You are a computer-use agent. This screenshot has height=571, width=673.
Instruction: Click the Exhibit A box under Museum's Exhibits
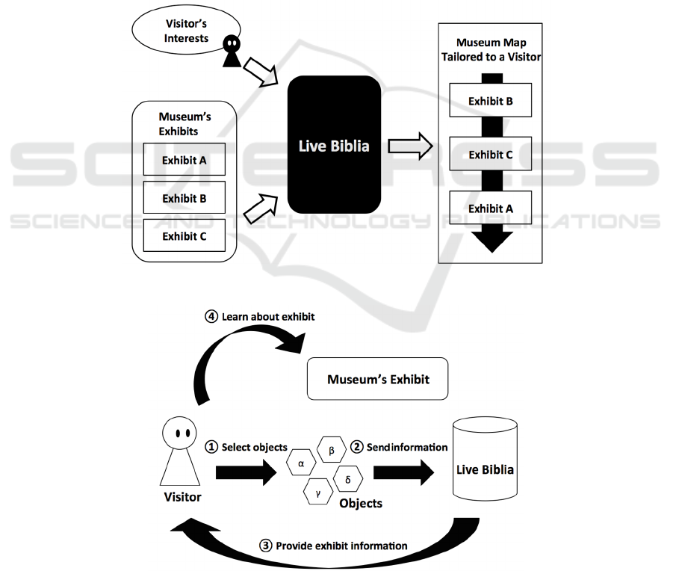click(x=184, y=160)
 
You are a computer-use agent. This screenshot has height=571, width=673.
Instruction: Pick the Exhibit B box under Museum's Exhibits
click(x=184, y=198)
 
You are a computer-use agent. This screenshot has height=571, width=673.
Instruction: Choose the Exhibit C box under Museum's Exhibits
click(x=184, y=236)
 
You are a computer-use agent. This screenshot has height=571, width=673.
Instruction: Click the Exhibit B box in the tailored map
click(x=490, y=101)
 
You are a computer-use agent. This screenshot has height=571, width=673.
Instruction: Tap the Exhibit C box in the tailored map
click(x=490, y=155)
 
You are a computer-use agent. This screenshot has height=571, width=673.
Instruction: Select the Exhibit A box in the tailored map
click(x=490, y=209)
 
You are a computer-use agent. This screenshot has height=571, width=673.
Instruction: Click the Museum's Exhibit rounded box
click(x=378, y=379)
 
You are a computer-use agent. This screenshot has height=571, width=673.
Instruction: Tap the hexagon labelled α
click(x=301, y=463)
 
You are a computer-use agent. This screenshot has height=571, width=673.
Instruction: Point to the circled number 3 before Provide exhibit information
click(x=266, y=545)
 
